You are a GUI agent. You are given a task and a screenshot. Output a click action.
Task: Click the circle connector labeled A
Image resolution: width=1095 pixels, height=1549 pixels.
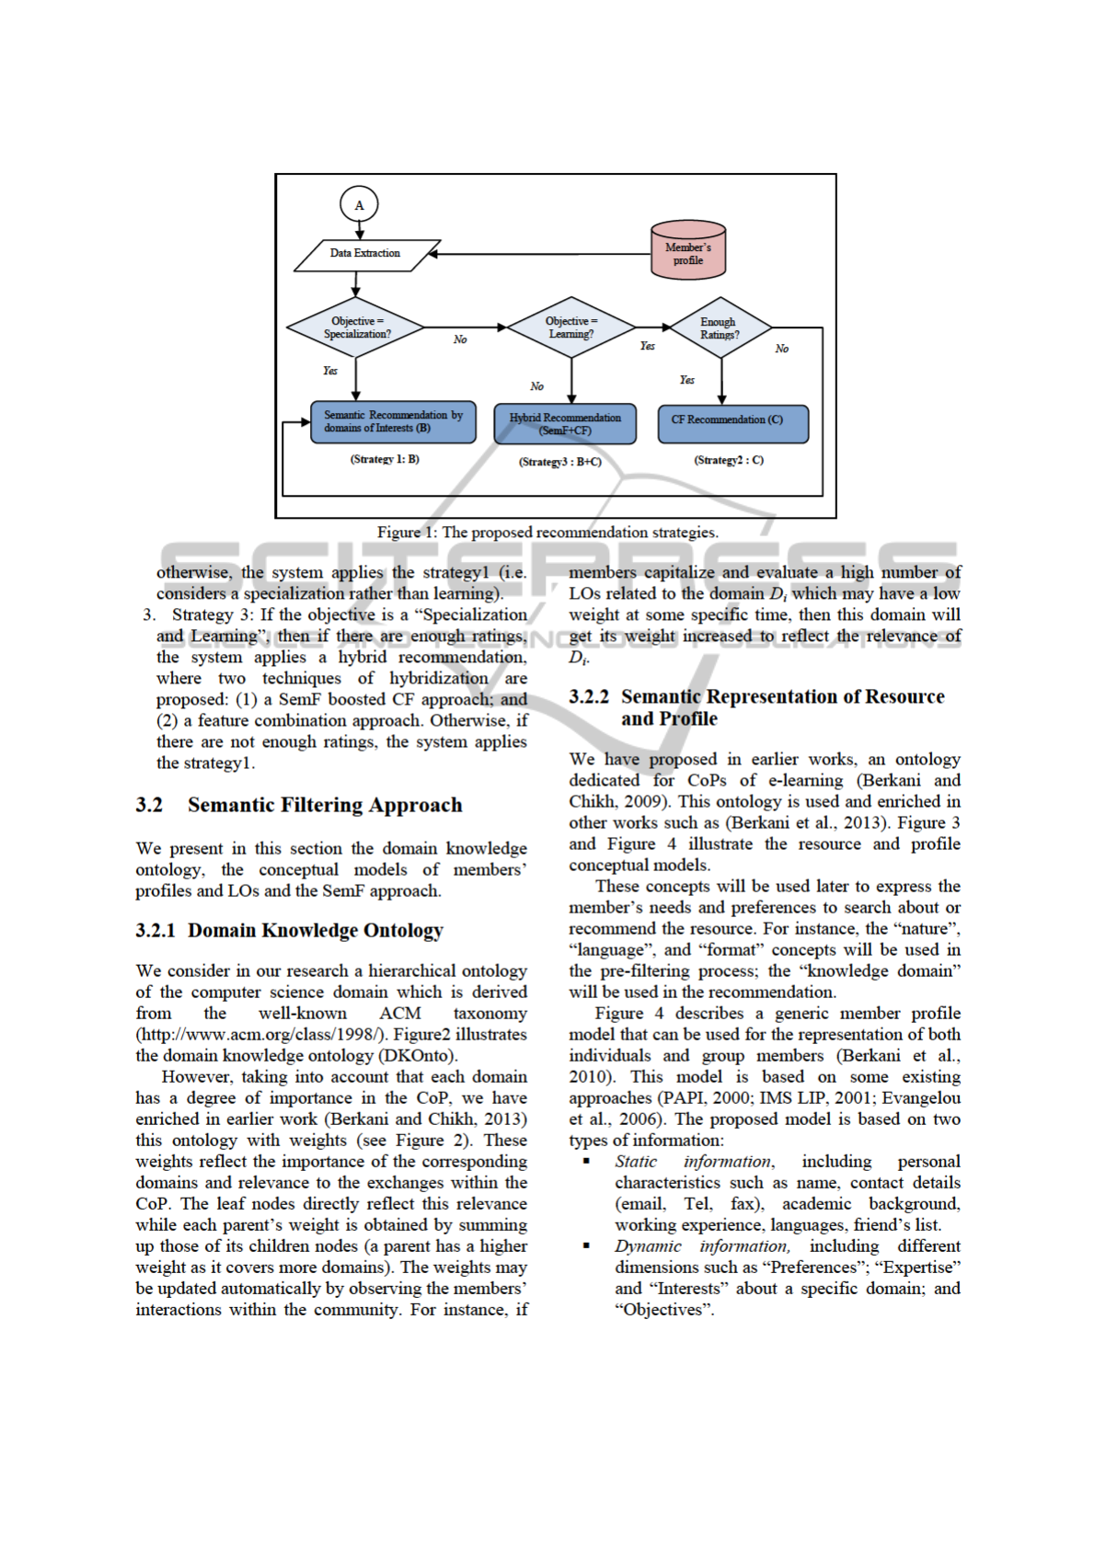[x=359, y=205]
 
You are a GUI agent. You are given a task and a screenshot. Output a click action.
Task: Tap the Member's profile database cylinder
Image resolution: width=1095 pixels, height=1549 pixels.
[x=687, y=249]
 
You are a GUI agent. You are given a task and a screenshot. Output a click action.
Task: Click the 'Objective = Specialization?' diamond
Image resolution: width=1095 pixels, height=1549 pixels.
[x=356, y=327]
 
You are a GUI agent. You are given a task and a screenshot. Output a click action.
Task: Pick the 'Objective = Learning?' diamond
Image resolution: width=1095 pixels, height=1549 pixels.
[x=571, y=327]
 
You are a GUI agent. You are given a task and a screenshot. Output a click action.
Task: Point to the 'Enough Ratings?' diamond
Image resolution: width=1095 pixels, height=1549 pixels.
[x=720, y=328]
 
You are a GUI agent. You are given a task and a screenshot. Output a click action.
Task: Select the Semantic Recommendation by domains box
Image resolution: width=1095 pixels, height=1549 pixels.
[x=393, y=422]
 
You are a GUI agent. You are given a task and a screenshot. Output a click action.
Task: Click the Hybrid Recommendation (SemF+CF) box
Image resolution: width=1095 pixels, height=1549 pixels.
[x=565, y=424]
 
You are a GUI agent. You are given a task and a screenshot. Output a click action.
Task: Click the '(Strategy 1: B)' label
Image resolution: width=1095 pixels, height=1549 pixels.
[x=385, y=459]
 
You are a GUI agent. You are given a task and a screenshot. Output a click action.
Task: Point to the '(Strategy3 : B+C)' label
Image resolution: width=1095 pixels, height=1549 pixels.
[x=559, y=462]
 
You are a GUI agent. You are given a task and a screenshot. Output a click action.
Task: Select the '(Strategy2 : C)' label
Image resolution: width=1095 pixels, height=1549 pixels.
[x=729, y=460]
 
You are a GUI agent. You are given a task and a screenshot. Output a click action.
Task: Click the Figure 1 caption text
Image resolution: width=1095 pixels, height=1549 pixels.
[x=547, y=533]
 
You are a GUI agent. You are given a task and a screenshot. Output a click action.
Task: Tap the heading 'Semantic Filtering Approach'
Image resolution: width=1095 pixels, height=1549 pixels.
[x=325, y=805]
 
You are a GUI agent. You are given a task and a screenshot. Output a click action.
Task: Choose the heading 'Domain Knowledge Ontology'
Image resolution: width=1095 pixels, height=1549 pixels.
[x=315, y=930]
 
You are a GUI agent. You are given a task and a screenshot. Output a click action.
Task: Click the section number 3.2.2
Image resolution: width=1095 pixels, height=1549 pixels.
[x=589, y=697]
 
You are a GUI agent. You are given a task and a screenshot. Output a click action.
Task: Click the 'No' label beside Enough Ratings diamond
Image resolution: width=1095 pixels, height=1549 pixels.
[x=781, y=349]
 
